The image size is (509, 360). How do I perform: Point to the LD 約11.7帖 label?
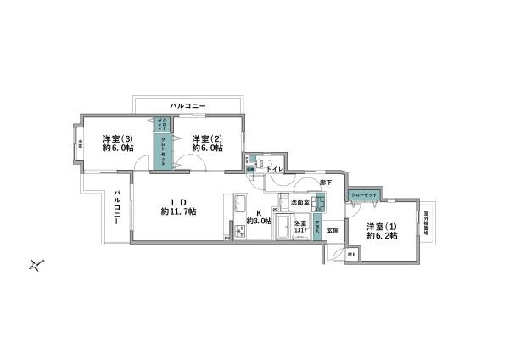(x=178, y=206)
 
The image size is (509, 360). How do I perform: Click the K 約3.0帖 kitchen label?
(x=258, y=217)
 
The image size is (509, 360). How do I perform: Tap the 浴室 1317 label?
(x=300, y=227)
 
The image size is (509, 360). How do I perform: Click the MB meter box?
(x=353, y=254)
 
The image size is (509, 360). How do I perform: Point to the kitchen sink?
(x=239, y=204)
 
